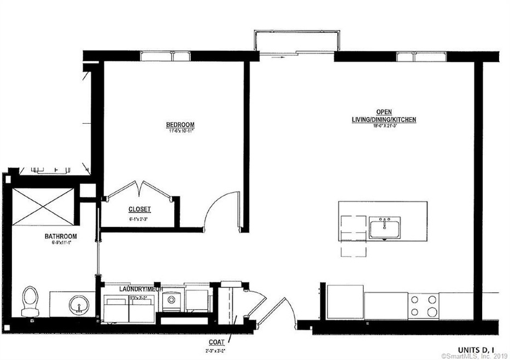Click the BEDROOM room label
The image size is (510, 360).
(180, 125)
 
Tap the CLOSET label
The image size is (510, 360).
(139, 209)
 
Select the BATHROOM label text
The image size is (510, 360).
(61, 236)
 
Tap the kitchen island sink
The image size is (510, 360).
(384, 227)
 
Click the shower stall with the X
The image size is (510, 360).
(42, 206)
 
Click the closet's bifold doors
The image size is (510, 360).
(139, 190)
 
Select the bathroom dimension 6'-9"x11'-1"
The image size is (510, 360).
(61, 243)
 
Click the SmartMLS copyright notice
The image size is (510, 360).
(474, 356)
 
